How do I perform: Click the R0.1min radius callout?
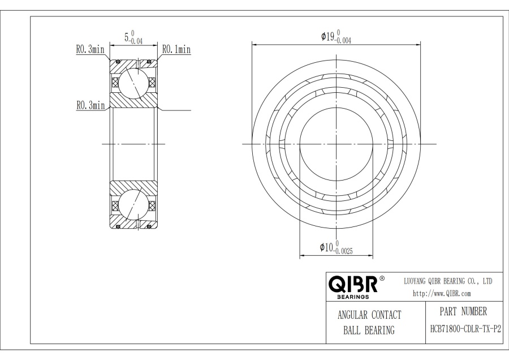[176, 50]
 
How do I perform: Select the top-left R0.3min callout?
[90, 50]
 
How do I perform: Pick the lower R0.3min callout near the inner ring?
[90, 105]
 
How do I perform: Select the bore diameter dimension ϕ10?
[326, 247]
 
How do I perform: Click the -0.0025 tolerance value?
[344, 251]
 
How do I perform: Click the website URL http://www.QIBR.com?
[442, 293]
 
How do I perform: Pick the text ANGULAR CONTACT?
[369, 315]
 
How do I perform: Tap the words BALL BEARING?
[369, 331]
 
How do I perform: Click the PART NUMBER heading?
[463, 311]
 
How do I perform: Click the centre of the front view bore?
[336, 144]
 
